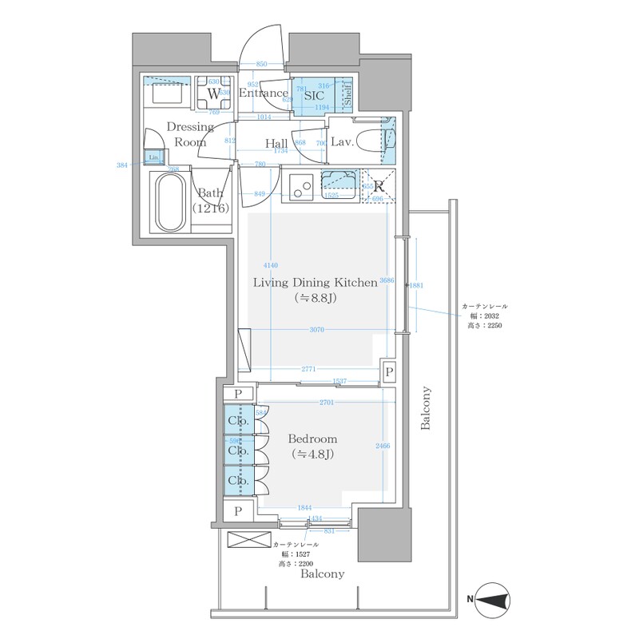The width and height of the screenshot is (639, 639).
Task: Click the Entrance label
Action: pyautogui.click(x=264, y=93)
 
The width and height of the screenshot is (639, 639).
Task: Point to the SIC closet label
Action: pyautogui.click(x=314, y=93)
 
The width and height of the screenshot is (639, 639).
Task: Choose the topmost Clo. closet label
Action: pyautogui.click(x=237, y=421)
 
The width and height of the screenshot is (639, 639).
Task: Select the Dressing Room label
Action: pyautogui.click(x=190, y=134)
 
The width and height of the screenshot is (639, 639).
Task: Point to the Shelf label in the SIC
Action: pyautogui.click(x=347, y=93)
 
